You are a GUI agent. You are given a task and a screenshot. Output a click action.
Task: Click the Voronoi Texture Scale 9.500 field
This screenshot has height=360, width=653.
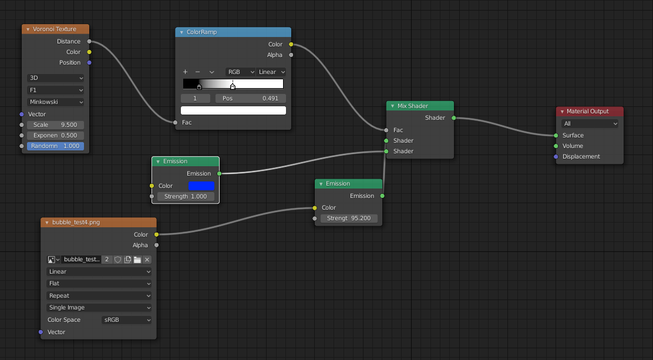pos(55,125)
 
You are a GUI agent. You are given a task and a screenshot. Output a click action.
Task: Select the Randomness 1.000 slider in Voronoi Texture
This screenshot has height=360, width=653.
pos(55,146)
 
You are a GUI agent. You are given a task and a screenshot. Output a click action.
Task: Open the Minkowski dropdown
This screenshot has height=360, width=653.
pos(55,102)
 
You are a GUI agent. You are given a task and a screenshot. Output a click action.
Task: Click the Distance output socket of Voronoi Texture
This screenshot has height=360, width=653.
pos(89,42)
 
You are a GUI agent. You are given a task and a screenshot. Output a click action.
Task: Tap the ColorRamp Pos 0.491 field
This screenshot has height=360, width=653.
pos(251,99)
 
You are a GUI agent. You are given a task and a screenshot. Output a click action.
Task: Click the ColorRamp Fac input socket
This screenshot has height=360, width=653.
pos(175,123)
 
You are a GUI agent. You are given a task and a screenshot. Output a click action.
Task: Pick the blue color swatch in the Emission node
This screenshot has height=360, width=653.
pos(201,186)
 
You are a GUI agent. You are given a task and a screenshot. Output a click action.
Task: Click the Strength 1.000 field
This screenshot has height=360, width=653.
pos(186,197)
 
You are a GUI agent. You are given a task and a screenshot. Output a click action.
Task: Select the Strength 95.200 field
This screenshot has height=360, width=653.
pos(349,218)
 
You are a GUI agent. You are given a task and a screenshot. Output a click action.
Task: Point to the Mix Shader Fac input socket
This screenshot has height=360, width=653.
pos(386,130)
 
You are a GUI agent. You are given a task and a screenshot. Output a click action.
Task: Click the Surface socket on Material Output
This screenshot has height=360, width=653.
pos(556,136)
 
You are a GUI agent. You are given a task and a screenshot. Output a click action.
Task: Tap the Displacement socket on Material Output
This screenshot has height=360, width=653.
pos(556,157)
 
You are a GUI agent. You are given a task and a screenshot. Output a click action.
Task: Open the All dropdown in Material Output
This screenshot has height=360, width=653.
pos(590,124)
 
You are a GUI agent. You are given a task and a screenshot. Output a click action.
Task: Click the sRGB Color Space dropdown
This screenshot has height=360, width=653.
pos(127,320)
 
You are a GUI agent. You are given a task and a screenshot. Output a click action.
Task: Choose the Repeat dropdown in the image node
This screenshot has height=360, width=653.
pos(99,296)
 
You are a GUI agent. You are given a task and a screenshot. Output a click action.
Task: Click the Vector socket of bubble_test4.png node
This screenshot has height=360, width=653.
pos(41,332)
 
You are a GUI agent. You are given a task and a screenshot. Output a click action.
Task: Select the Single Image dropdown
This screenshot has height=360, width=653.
pos(99,308)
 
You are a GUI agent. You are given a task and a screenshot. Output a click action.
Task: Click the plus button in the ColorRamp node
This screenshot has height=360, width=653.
pos(186,72)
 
